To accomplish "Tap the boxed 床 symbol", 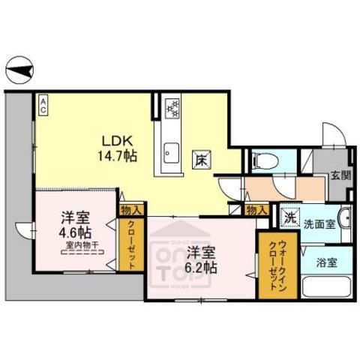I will coord(202,159).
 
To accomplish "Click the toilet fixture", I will coord(263,160).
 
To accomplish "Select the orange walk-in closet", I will coord(268,264).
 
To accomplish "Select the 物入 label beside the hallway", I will coord(256,210).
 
